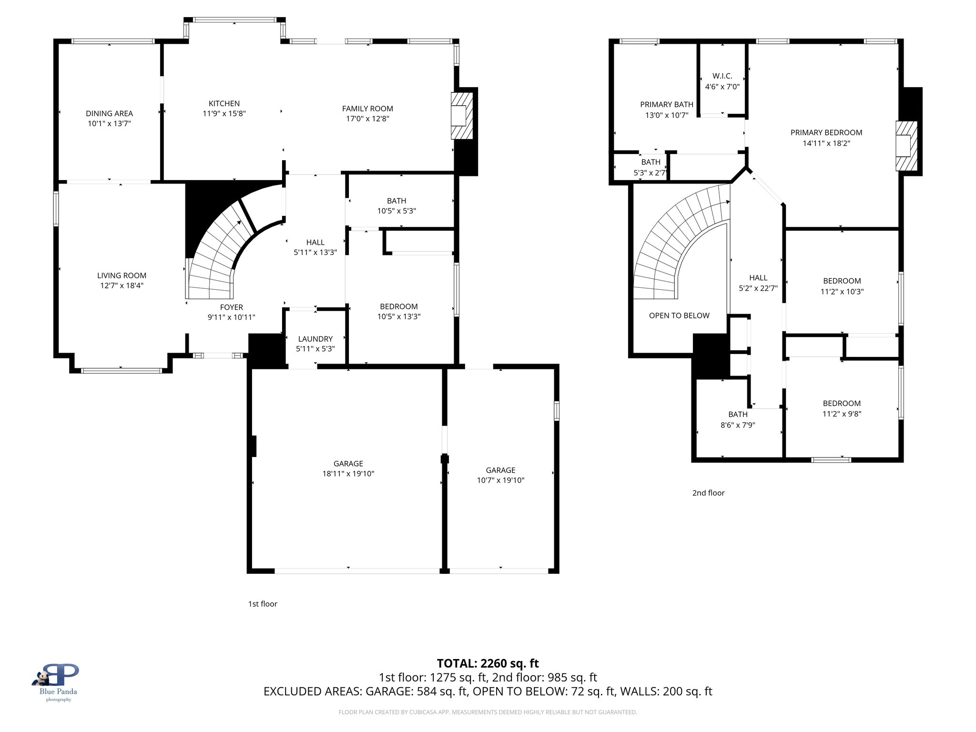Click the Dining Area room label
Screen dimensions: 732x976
(109, 113)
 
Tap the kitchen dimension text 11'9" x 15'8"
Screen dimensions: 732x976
(224, 114)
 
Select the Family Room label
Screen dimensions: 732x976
(367, 109)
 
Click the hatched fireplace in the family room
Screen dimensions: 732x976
(462, 116)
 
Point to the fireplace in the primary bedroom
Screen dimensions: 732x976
(906, 146)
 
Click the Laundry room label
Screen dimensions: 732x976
(315, 339)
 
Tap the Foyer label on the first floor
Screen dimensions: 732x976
(231, 307)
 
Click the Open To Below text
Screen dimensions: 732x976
(679, 315)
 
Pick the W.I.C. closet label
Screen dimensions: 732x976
(722, 76)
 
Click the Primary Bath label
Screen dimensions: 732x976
(666, 104)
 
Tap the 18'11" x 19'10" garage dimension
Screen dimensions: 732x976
(348, 474)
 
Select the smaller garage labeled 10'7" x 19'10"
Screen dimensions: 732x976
(500, 475)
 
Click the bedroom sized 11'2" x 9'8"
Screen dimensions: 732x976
(842, 408)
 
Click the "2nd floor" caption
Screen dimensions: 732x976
(708, 493)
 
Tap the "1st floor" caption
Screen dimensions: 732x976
(263, 604)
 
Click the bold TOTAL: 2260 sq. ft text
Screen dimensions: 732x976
(488, 663)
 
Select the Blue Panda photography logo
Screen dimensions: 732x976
(57, 681)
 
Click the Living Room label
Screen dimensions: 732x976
(122, 275)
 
